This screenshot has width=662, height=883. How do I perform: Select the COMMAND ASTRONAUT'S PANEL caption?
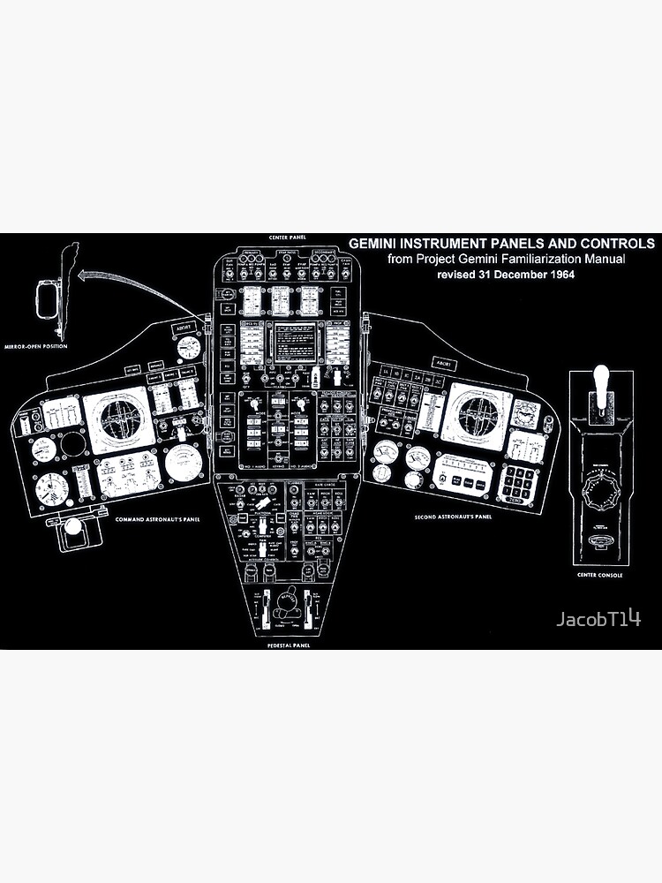point(157,519)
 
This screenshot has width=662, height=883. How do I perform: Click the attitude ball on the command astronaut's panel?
point(115,416)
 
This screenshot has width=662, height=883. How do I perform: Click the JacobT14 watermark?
point(598,619)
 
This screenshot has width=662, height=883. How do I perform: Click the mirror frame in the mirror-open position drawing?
point(47,301)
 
